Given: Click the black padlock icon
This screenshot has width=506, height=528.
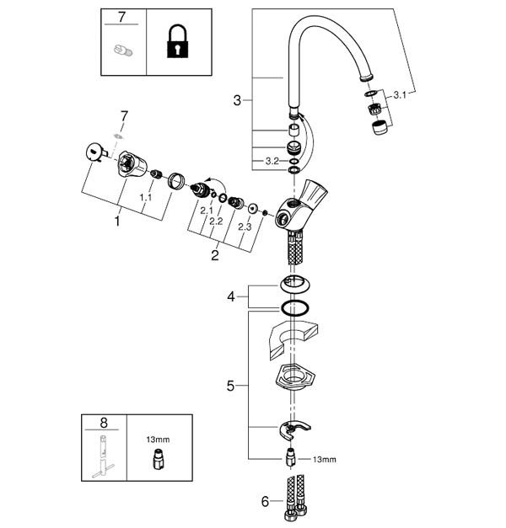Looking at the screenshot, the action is point(177,42).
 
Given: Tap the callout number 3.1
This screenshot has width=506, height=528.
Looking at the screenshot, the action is point(400,95).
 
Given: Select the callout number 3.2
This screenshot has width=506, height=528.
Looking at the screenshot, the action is point(272,162).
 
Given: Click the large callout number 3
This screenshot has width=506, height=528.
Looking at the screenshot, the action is point(238,100).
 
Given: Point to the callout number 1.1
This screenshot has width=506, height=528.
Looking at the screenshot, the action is point(146,197).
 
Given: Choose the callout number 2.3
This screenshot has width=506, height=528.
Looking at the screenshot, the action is point(245,227).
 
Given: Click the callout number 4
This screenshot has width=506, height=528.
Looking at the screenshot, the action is point(231,297).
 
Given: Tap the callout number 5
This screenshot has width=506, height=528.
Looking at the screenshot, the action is point(230,386).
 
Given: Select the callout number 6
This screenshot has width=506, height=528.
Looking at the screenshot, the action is point(265,502).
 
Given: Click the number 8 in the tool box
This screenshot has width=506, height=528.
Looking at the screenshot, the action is point(104,423).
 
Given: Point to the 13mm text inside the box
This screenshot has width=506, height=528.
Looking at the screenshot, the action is point(158,440).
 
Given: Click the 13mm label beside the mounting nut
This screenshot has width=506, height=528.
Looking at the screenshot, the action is point(325,460).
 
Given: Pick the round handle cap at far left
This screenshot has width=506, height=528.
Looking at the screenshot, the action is point(94,152).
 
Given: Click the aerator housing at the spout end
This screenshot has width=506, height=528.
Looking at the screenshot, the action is point(379,128).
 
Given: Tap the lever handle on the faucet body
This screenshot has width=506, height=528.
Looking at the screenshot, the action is point(313,192).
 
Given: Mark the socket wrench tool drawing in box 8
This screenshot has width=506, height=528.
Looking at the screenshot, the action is point(103,457).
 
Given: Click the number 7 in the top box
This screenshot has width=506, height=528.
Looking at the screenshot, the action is point(121,17).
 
